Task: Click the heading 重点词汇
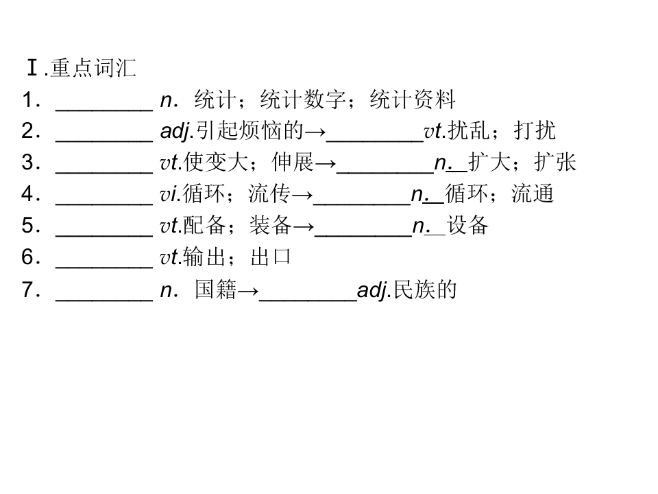[x=94, y=68]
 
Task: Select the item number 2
[x=27, y=131]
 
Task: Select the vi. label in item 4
[x=171, y=194]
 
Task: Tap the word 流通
[x=533, y=194]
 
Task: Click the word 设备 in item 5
[x=467, y=226]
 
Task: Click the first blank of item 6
[x=104, y=267]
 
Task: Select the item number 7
[x=27, y=290]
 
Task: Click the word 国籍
[x=216, y=290]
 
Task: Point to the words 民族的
[x=425, y=290]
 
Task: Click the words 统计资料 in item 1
[x=413, y=99]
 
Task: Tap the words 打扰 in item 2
[x=535, y=131]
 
